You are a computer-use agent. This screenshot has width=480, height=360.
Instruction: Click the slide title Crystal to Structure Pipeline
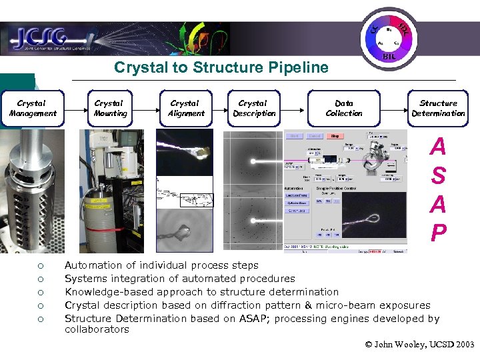pyautogui.click(x=221, y=67)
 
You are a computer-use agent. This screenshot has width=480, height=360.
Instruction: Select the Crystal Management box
pyautogui.click(x=32, y=108)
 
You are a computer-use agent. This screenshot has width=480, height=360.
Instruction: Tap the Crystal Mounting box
pyautogui.click(x=109, y=108)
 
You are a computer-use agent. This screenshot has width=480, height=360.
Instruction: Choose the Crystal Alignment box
pyautogui.click(x=185, y=108)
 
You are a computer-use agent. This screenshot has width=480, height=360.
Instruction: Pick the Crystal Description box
pyautogui.click(x=253, y=108)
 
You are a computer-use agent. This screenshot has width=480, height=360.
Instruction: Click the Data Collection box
pyautogui.click(x=344, y=108)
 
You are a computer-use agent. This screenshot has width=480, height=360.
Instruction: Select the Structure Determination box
pyautogui.click(x=438, y=108)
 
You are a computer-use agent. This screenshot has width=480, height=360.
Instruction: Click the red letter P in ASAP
pyautogui.click(x=438, y=233)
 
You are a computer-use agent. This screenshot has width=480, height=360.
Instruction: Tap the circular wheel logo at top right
pyautogui.click(x=389, y=37)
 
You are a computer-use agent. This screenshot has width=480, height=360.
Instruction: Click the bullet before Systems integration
pyautogui.click(x=40, y=279)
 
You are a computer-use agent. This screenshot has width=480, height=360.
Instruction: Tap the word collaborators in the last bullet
pyautogui.click(x=97, y=329)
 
